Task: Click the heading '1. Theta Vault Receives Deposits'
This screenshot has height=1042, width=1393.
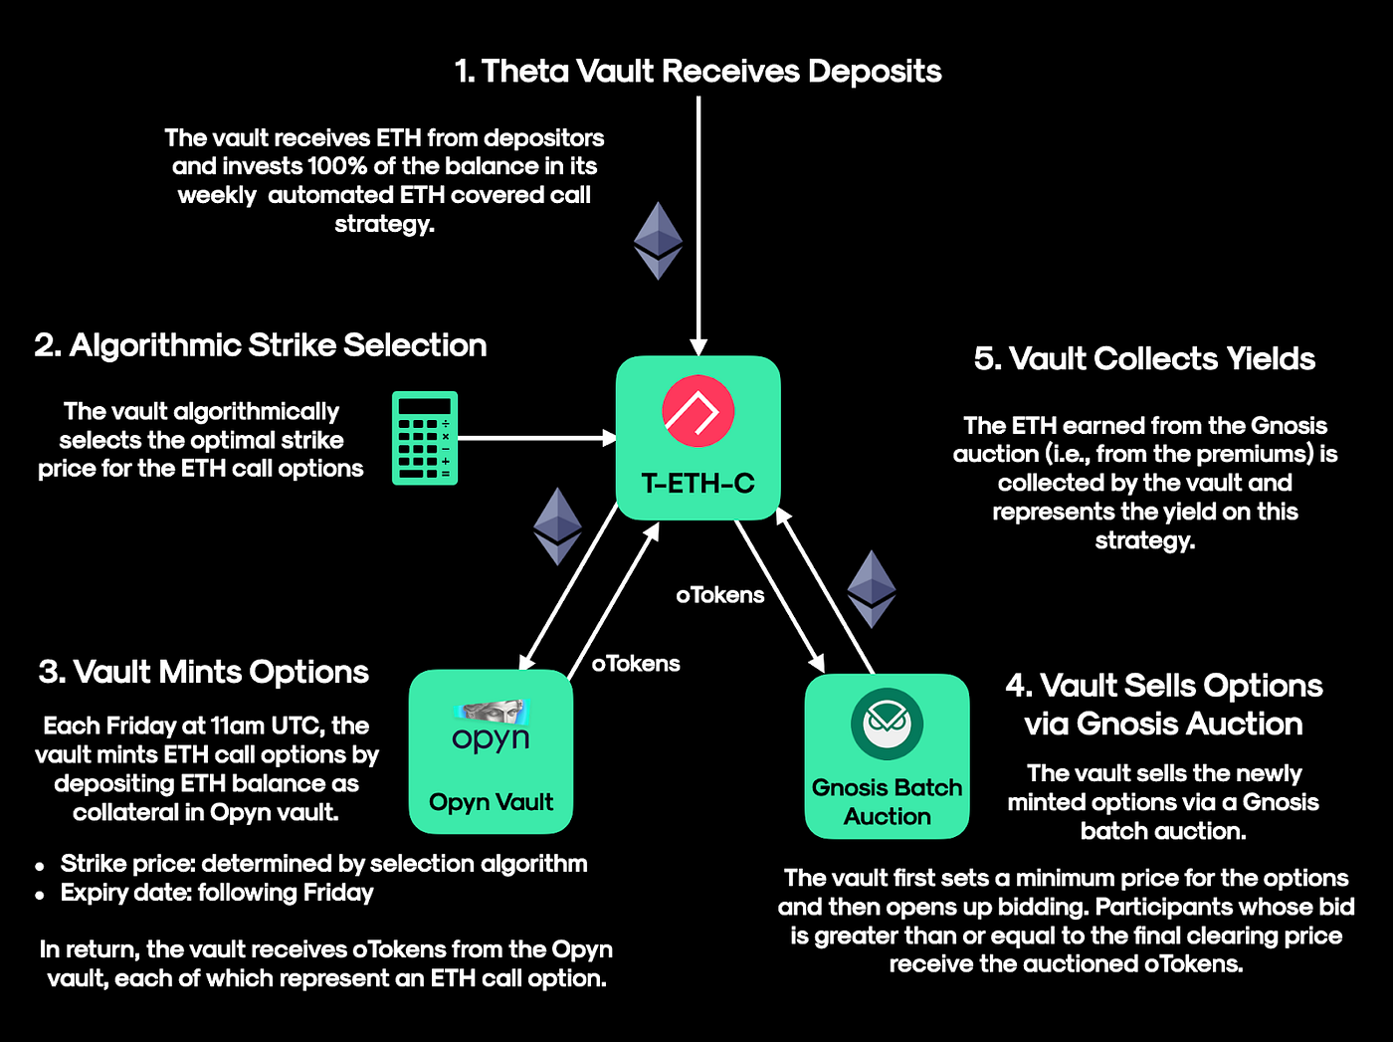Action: point(697,72)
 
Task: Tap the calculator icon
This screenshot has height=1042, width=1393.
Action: point(424,438)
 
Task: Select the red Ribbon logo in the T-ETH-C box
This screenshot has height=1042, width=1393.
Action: point(697,411)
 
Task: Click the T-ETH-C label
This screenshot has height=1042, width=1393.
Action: point(697,484)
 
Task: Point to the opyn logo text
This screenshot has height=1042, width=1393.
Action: point(491,738)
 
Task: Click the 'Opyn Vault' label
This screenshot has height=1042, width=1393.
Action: point(491,802)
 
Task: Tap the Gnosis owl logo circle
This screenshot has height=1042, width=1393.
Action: point(887,724)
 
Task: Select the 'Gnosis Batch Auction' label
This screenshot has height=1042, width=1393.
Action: point(887,802)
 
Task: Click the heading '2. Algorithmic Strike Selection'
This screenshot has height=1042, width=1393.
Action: point(261,345)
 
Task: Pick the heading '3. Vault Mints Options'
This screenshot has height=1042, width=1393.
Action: point(204,672)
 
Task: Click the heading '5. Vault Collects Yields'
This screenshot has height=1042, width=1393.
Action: point(1144,359)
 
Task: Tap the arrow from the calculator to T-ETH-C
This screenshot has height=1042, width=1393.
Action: point(537,438)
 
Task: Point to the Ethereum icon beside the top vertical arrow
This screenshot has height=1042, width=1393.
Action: point(658,241)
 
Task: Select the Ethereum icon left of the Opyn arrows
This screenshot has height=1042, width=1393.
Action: point(557,525)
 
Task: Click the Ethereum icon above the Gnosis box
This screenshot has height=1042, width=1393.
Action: point(872,588)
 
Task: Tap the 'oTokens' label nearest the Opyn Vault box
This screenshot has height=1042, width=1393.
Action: point(636,664)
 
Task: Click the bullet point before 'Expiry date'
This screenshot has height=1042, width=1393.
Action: point(40,895)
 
